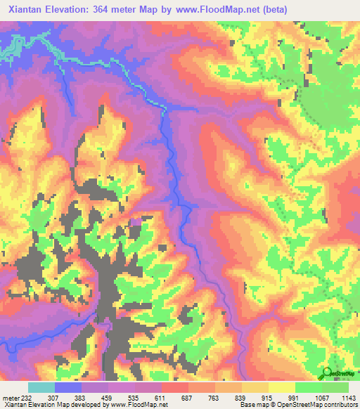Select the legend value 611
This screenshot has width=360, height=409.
pyautogui.click(x=161, y=398)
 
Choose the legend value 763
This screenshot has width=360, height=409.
pyautogui.click(x=214, y=398)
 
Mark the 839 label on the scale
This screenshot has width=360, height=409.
pyautogui.click(x=241, y=398)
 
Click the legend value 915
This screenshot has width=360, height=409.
pyautogui.click(x=268, y=398)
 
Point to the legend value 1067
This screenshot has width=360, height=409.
pyautogui.click(x=320, y=398)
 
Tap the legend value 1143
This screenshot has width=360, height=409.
pyautogui.click(x=347, y=398)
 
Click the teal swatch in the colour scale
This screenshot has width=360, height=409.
pyautogui.click(x=41, y=387)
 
